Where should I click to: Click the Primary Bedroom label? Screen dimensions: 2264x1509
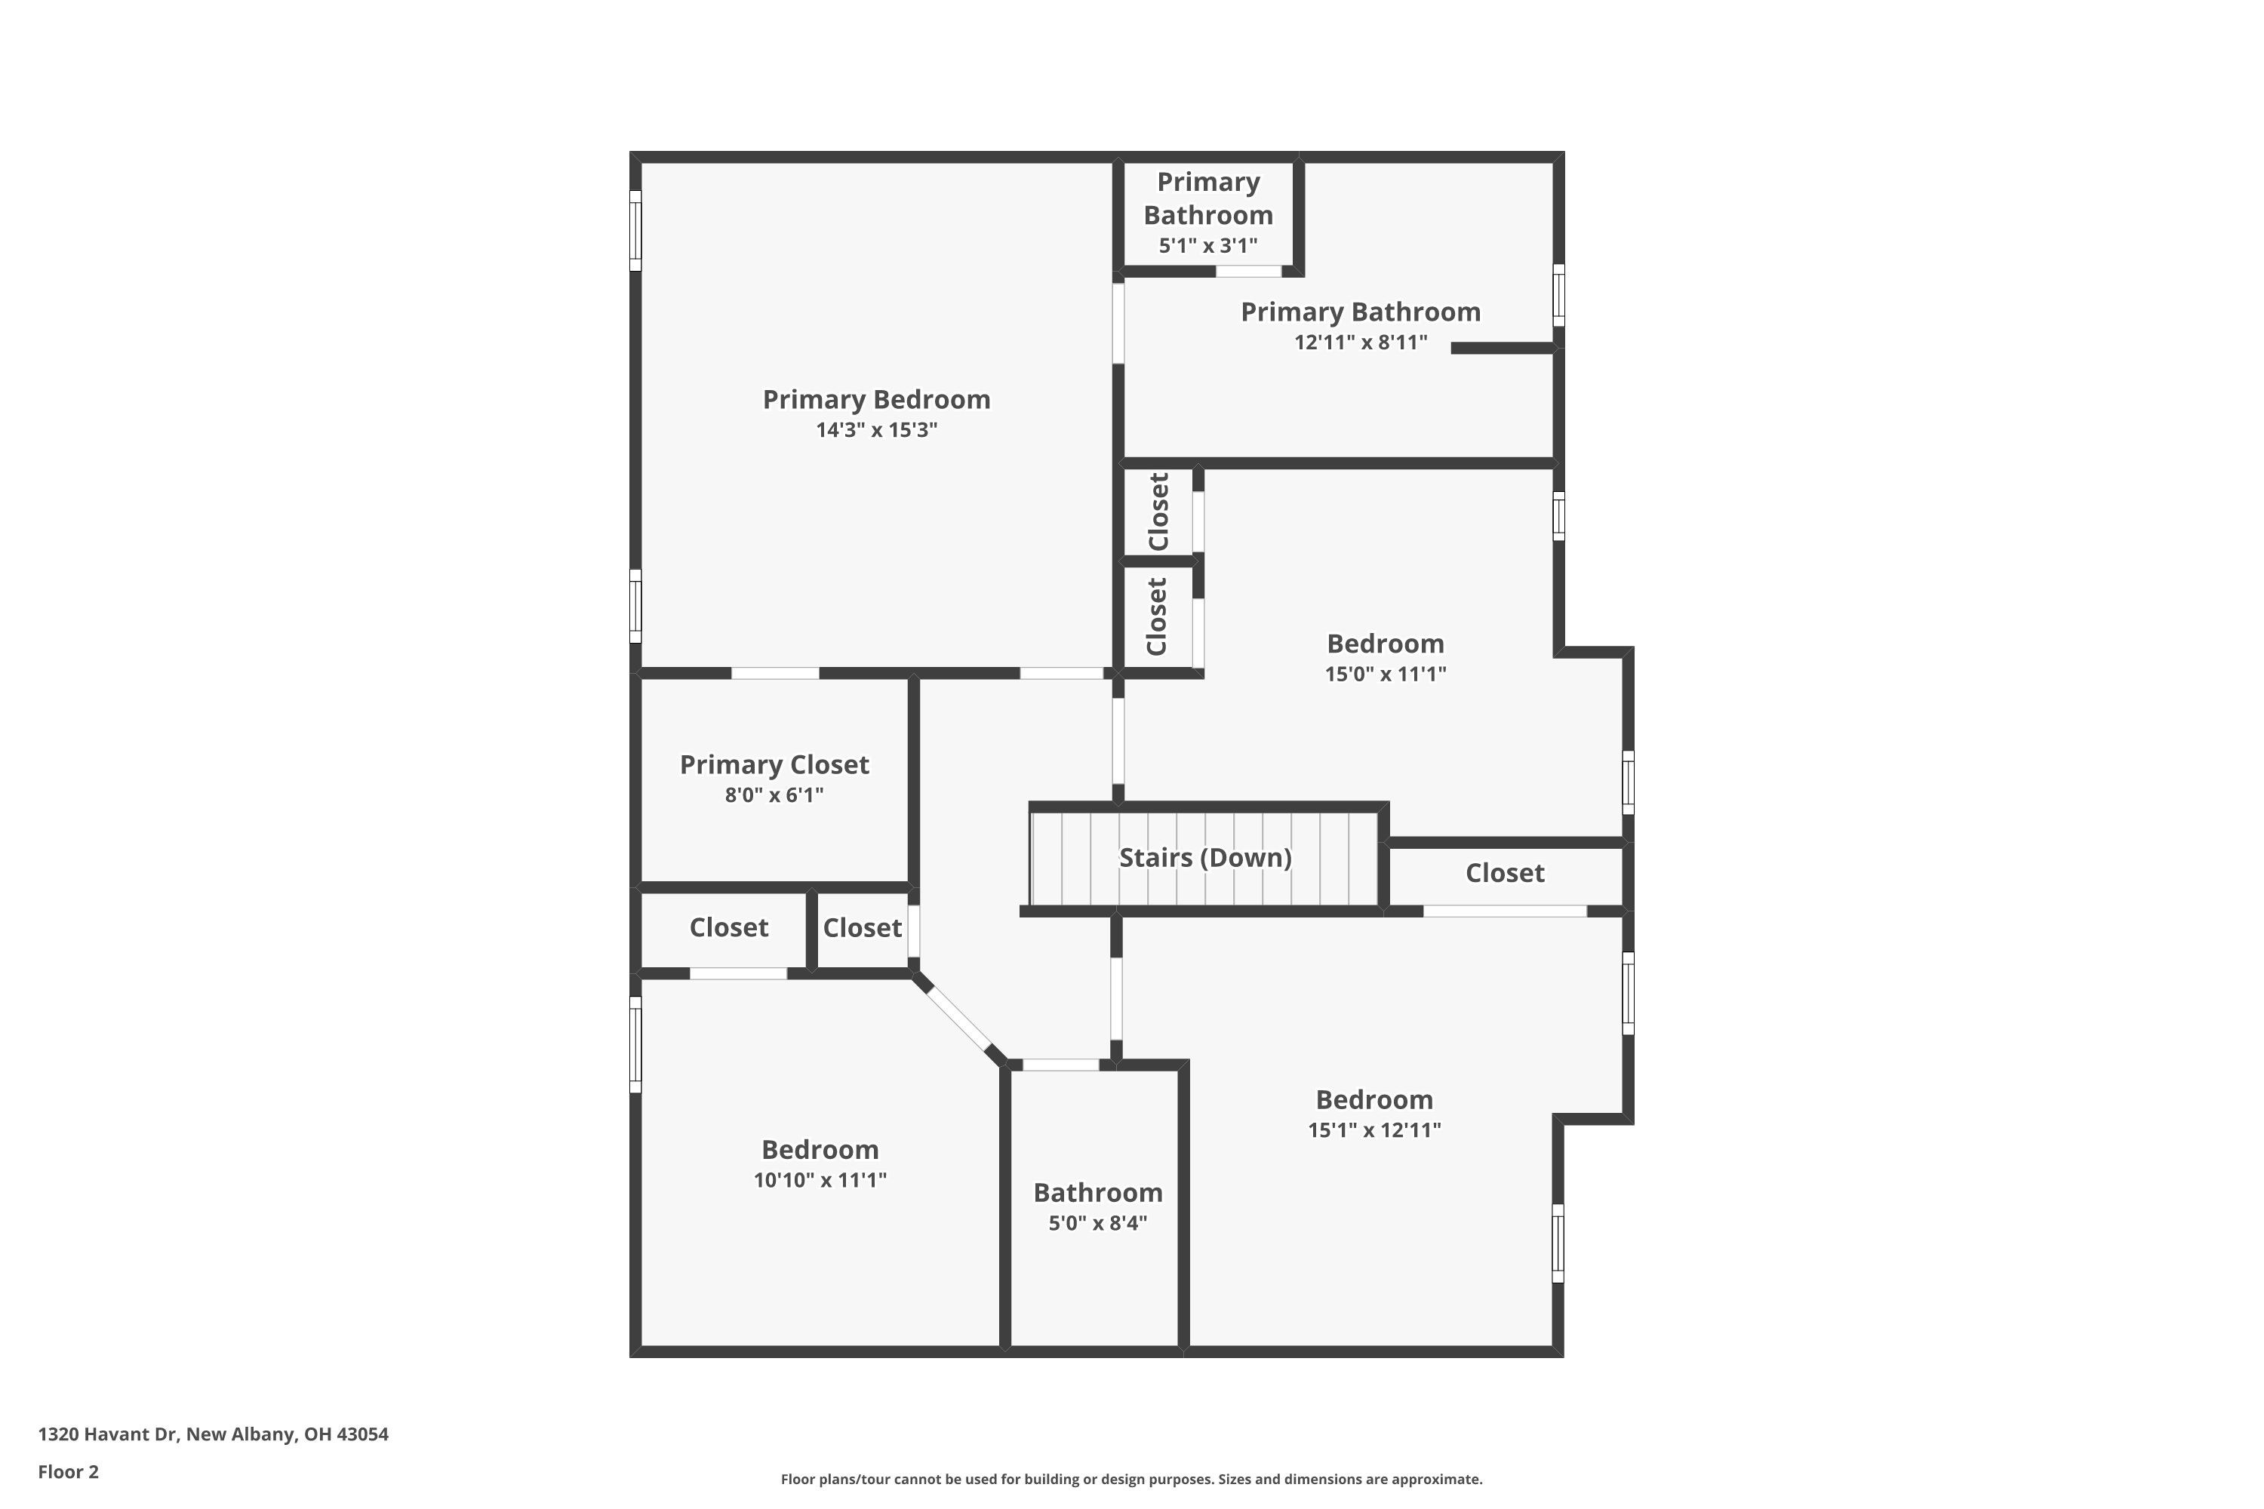(876, 399)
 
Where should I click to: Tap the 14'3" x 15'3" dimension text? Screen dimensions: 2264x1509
(876, 430)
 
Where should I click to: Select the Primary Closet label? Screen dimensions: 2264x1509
(774, 765)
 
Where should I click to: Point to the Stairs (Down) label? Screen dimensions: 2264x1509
(1205, 857)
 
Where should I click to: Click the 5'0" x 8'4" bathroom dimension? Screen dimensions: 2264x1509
(1097, 1223)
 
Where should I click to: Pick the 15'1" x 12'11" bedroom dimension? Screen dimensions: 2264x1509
(1373, 1129)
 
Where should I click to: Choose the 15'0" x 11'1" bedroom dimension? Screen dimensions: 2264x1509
(1385, 674)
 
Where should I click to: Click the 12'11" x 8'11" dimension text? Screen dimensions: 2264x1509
(1360, 343)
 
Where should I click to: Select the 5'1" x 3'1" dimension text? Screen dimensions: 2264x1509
(1208, 245)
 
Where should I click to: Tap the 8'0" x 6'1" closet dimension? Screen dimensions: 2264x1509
(774, 795)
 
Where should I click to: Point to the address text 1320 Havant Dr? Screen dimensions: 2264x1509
(108, 1434)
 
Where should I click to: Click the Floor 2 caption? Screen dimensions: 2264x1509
(69, 1471)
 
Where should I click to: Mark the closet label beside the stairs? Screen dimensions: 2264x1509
(1505, 873)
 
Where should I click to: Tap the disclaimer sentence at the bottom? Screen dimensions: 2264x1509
(1131, 1479)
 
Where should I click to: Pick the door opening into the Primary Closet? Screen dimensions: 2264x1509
(775, 673)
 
